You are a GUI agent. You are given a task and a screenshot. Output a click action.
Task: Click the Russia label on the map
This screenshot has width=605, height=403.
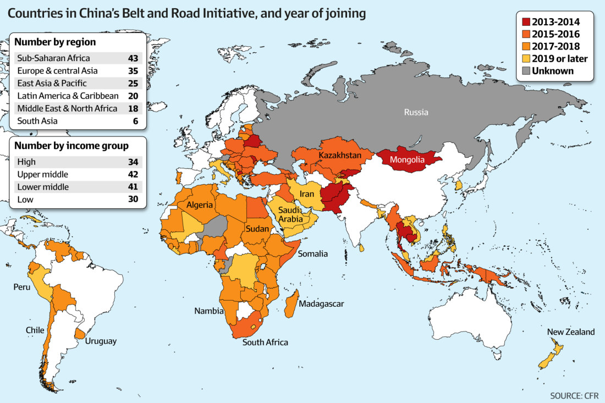(416, 113)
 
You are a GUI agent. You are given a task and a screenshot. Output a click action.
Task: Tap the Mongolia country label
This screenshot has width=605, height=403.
(406, 161)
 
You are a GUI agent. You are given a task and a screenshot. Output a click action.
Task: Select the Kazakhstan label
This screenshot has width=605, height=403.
(340, 156)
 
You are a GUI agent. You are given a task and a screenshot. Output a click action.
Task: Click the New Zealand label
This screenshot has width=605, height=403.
(570, 332)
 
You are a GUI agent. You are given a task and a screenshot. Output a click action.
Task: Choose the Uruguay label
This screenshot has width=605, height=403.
(101, 341)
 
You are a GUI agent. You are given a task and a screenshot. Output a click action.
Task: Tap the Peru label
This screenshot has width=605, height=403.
(23, 288)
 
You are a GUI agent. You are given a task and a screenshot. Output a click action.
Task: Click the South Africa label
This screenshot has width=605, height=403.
(265, 343)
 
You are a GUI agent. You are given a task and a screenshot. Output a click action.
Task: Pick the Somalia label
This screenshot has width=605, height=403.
(312, 253)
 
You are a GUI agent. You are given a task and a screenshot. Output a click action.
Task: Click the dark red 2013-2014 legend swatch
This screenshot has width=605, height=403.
(526, 22)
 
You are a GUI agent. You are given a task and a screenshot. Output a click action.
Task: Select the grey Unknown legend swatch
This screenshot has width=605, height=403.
(526, 71)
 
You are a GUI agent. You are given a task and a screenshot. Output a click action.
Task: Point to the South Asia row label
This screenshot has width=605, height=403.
(37, 121)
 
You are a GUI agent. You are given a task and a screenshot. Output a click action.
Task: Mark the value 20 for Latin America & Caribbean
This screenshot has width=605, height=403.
(134, 96)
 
